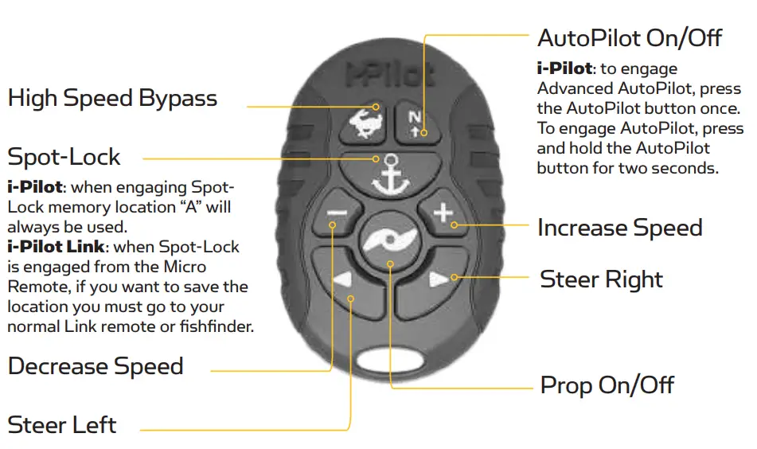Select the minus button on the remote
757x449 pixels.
337,213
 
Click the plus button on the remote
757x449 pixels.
442,213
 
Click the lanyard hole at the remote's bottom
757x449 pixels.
390,357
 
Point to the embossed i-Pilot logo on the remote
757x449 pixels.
389,75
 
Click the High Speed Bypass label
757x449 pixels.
112,99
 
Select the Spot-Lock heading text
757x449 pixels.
64,156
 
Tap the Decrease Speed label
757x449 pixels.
96,366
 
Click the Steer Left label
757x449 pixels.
62,424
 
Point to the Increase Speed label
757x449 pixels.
620,228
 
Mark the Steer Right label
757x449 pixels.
601,279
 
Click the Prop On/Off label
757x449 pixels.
607,386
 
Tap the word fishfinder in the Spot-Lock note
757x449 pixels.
216,326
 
